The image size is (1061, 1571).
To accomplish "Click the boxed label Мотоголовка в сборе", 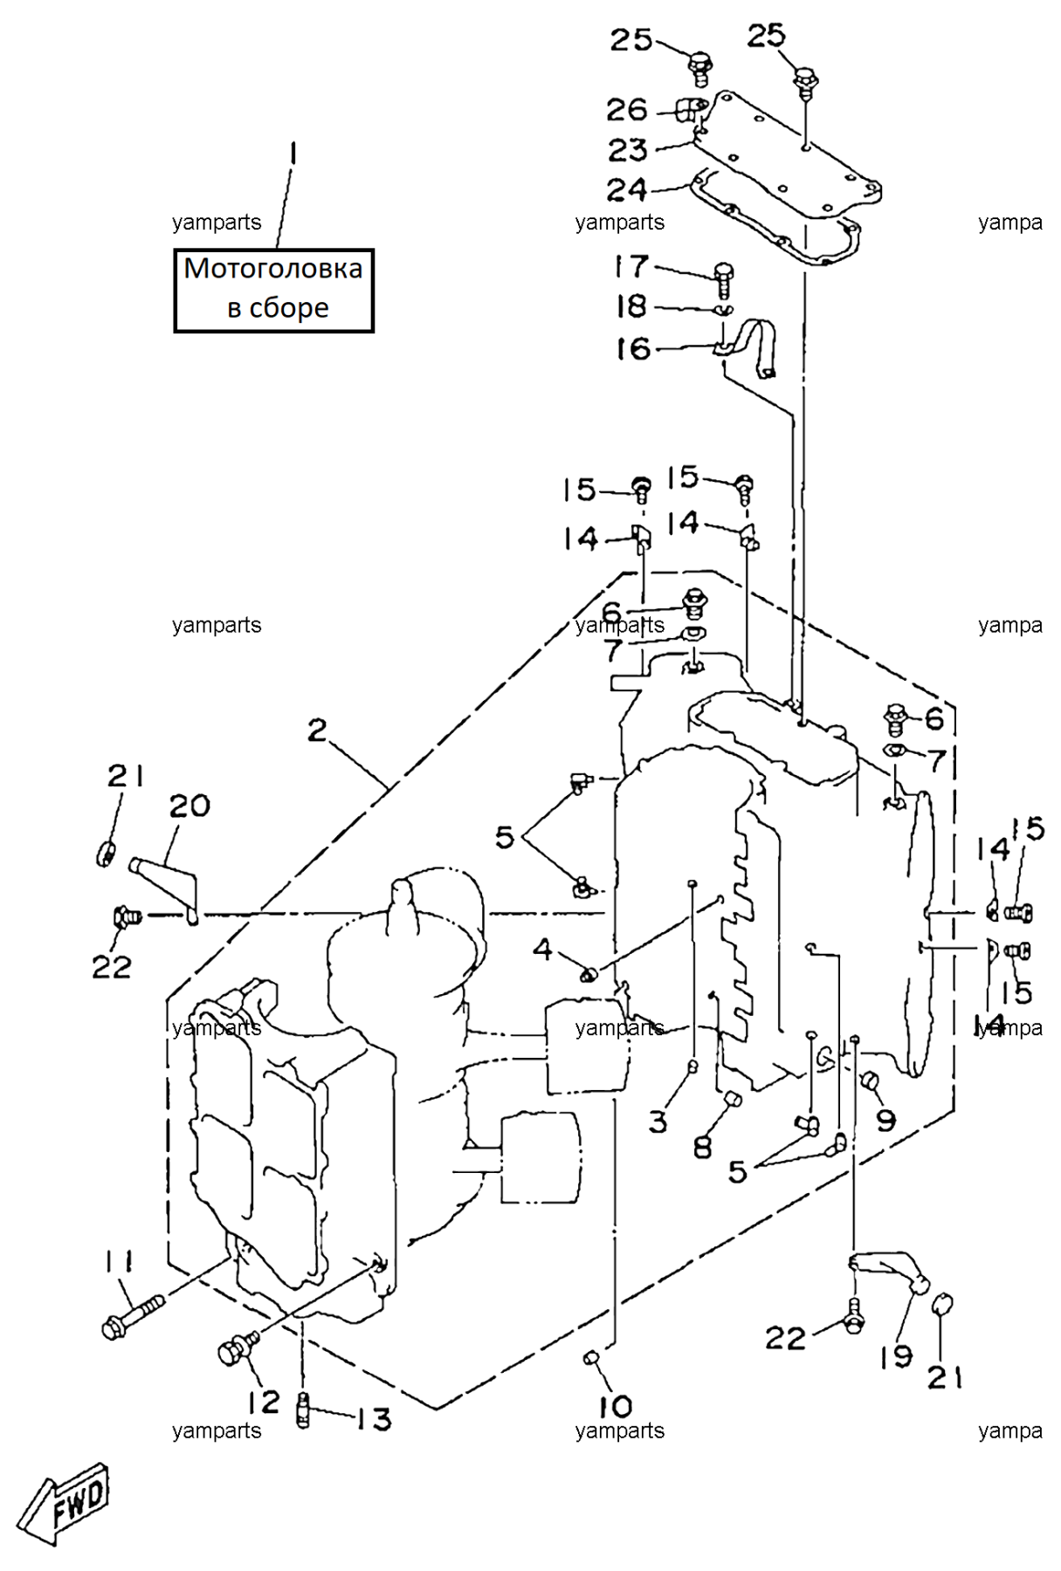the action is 273,290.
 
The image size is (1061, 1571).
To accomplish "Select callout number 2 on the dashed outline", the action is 317,730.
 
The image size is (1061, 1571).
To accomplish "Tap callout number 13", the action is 374,1420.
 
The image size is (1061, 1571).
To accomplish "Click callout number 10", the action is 616,1406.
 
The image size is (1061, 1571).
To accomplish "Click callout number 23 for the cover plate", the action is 628,150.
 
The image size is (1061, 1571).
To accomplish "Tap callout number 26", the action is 627,110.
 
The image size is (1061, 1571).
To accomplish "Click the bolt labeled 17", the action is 723,278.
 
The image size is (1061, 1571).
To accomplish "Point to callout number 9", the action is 886,1120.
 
